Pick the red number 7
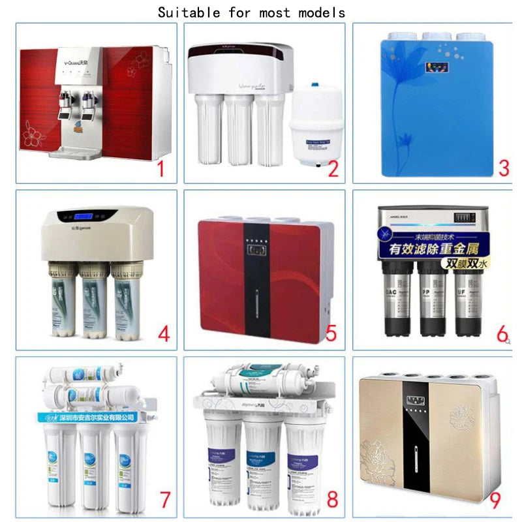click(164, 500)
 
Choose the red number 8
click(332, 500)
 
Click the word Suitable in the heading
click(189, 12)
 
